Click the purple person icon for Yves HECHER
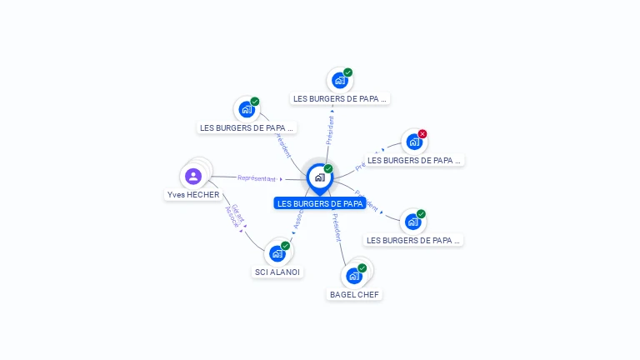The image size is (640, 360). coord(193,176)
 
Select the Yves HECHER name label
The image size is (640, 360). coord(192,195)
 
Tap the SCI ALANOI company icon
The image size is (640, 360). coord(277,253)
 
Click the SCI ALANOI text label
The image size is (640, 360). coord(277,272)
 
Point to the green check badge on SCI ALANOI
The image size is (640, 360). coord(285,246)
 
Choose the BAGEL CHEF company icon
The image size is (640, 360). coord(354,276)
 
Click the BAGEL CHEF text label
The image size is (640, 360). coord(354,294)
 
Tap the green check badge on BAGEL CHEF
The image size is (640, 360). coord(362,268)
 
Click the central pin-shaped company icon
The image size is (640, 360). coord(319,177)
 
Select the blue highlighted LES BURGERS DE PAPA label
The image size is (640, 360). coord(320,203)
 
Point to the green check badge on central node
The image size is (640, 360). coord(328,169)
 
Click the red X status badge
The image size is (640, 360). coord(422,134)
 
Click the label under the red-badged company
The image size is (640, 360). coord(414,160)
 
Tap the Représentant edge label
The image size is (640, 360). coord(256,178)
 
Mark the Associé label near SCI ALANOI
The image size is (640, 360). coord(297,218)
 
